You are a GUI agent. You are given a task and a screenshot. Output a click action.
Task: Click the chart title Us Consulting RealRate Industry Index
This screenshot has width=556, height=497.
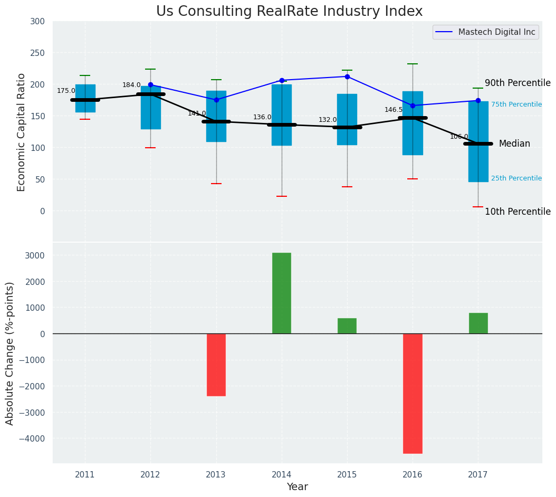289,12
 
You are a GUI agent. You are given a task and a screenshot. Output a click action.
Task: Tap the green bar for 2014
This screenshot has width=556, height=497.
282,293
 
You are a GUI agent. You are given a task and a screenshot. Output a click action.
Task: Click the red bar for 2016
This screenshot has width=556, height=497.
413,393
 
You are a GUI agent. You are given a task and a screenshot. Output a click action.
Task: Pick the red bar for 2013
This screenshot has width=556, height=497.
216,365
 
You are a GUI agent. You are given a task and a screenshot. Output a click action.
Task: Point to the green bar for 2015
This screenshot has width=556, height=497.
347,326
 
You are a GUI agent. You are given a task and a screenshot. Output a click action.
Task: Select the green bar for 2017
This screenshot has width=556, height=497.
478,323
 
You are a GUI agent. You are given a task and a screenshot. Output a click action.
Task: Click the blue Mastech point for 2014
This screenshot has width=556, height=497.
282,80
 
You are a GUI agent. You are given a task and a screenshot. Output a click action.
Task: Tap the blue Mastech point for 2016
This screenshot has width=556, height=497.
413,106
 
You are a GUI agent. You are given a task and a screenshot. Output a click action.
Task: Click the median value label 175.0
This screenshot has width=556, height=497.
66,91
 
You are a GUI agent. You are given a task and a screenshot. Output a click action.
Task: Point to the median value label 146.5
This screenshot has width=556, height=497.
394,110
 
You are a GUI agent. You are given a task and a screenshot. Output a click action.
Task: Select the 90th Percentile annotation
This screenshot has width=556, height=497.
517,83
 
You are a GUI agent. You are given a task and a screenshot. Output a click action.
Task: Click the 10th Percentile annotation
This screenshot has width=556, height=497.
517,212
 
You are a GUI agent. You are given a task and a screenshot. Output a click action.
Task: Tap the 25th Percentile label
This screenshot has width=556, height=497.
516,178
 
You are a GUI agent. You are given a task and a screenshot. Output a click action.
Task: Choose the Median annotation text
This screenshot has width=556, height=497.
514,144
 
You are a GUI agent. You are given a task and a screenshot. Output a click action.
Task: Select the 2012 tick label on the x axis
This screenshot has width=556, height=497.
150,475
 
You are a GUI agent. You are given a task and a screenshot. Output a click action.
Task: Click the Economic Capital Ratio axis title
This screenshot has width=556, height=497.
22,132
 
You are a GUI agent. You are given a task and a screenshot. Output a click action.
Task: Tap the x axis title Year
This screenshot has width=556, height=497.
298,487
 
